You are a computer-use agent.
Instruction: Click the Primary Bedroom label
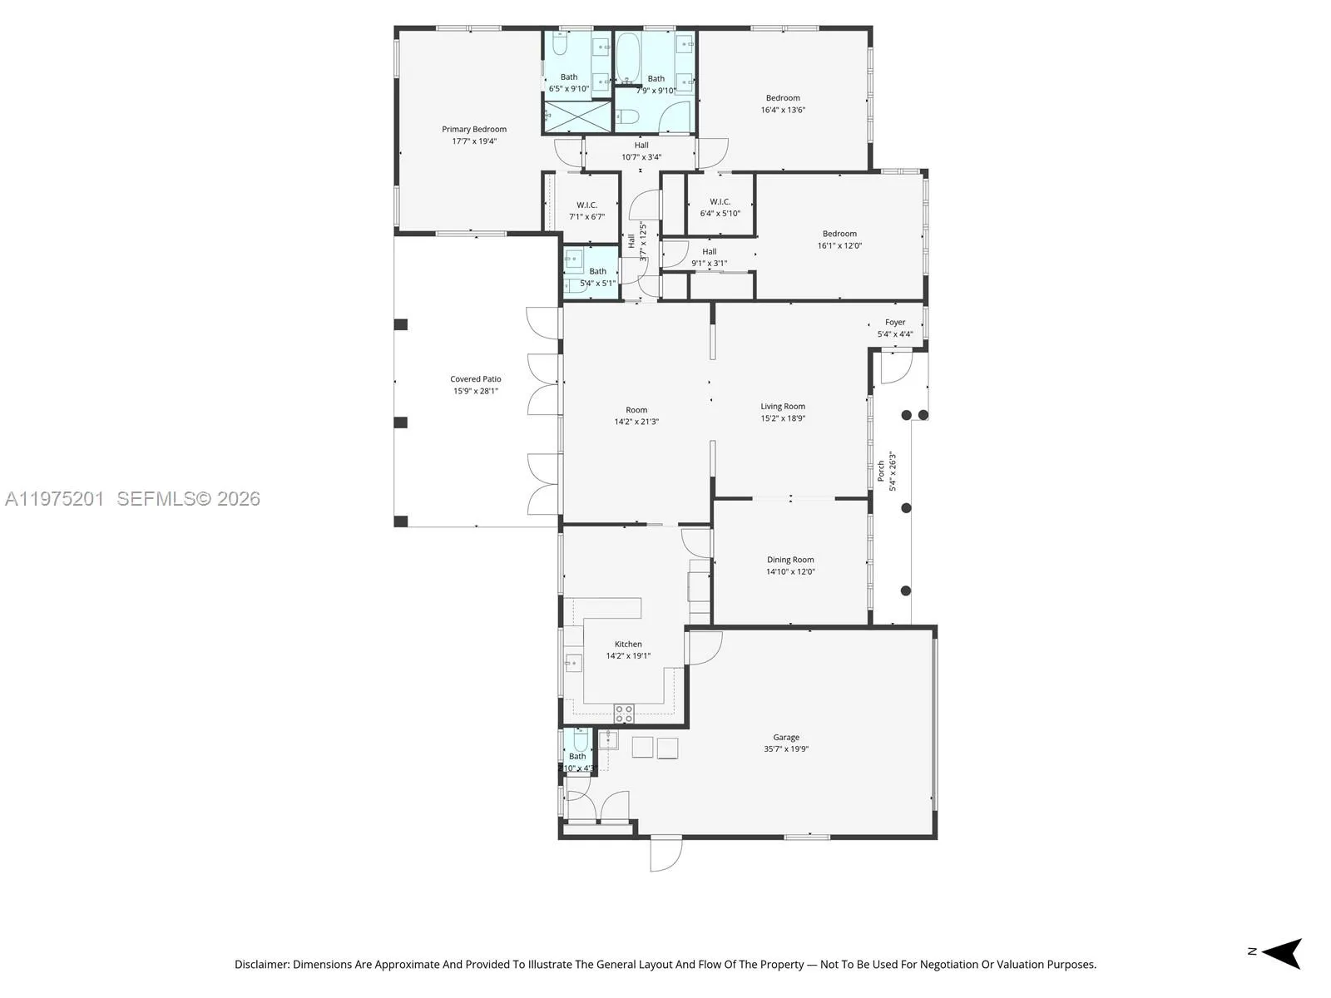click(x=474, y=129)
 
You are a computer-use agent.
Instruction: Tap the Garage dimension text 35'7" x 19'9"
click(x=786, y=749)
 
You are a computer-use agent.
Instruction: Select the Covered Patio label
click(x=476, y=378)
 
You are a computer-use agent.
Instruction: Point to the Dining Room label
click(x=790, y=560)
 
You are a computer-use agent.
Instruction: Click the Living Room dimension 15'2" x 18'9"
click(x=783, y=418)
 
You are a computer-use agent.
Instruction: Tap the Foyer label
click(x=895, y=322)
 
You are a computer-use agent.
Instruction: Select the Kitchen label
click(x=628, y=644)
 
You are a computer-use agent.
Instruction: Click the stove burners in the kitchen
click(x=624, y=714)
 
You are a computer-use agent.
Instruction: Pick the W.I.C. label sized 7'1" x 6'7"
click(x=587, y=205)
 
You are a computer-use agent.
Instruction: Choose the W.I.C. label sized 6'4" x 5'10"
click(x=720, y=202)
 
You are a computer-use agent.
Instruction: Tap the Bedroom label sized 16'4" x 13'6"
click(x=783, y=98)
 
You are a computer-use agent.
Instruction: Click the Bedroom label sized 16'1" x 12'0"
click(x=839, y=234)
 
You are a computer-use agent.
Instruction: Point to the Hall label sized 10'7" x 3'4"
click(x=641, y=145)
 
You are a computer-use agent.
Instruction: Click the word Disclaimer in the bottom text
click(x=261, y=965)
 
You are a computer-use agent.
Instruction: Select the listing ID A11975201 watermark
click(x=55, y=498)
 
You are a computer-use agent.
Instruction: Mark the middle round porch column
click(x=906, y=508)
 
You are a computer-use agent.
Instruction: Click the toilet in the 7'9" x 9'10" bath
click(x=630, y=116)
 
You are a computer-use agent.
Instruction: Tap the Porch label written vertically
click(x=881, y=471)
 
